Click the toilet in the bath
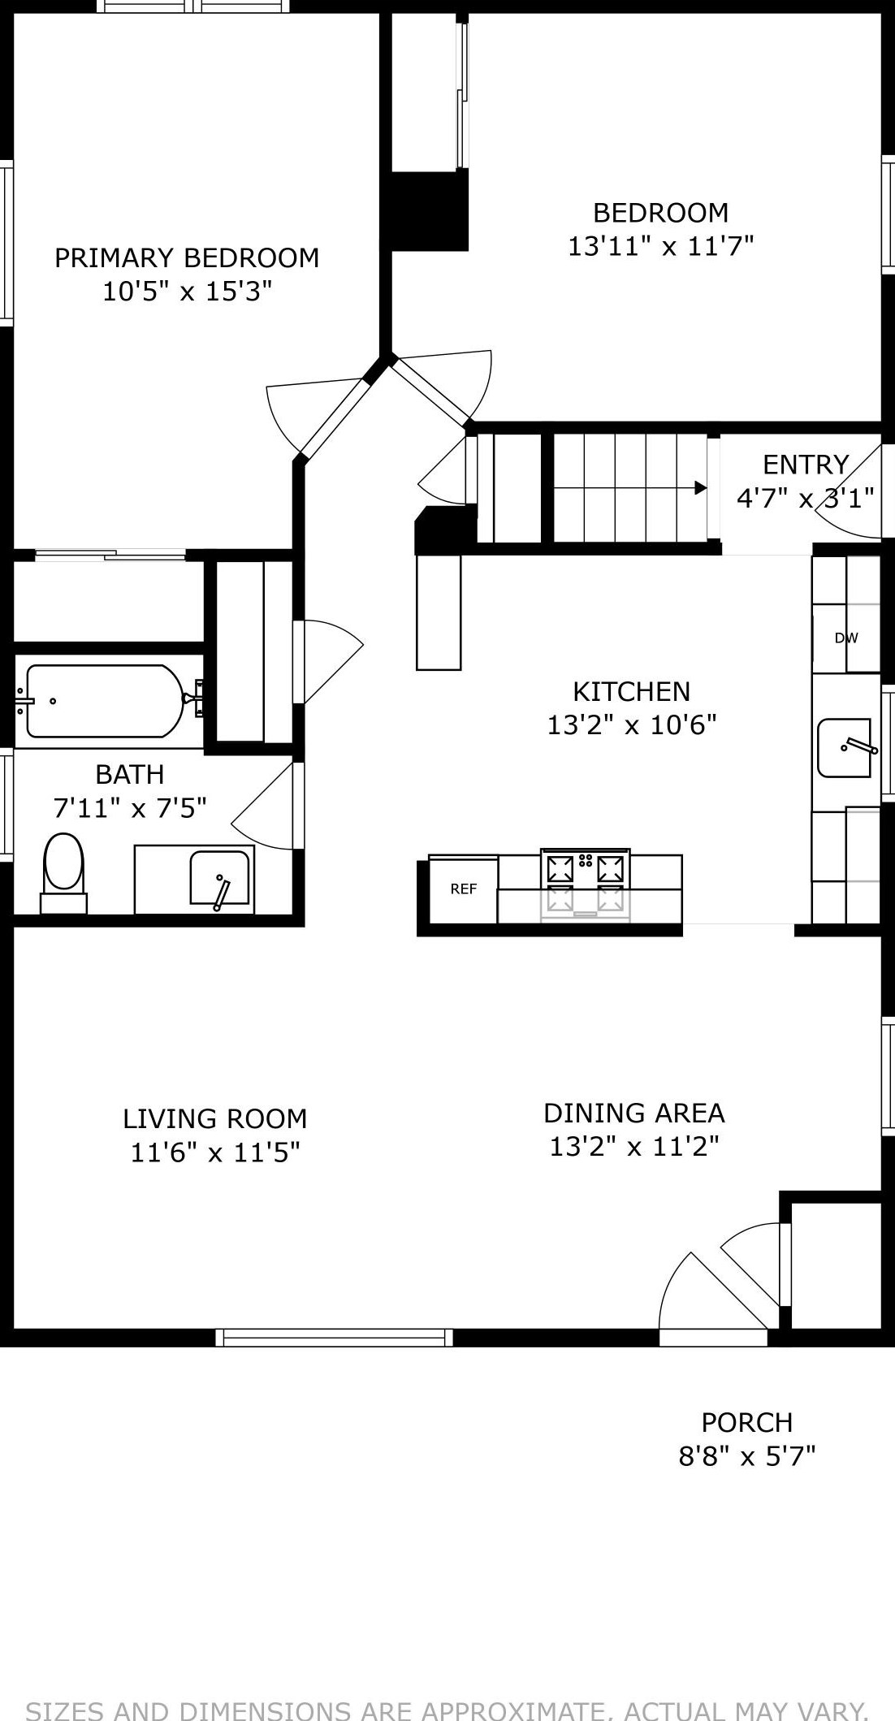click(x=63, y=873)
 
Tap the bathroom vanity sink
click(x=219, y=877)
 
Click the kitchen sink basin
click(x=845, y=747)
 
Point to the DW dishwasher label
click(x=846, y=638)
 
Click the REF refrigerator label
click(x=464, y=889)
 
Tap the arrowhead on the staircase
click(x=700, y=488)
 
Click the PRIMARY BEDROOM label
click(x=187, y=257)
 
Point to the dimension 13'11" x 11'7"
click(x=661, y=245)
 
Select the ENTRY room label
click(x=806, y=465)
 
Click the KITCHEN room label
click(x=632, y=691)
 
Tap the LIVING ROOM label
click(x=215, y=1118)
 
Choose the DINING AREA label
click(x=634, y=1113)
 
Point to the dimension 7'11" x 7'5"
click(x=130, y=808)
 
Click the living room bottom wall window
click(x=335, y=1337)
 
